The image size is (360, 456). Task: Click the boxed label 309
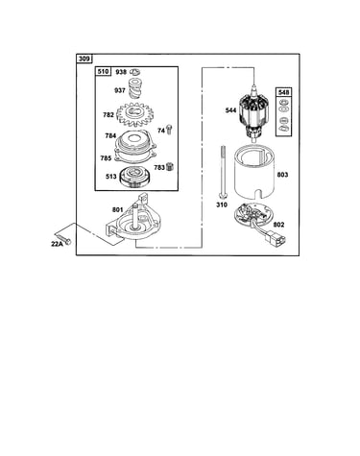(84, 59)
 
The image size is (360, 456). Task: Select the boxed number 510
(103, 71)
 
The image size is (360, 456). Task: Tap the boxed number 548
(284, 92)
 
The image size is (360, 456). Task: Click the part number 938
(121, 72)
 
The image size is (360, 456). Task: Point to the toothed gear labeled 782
(135, 114)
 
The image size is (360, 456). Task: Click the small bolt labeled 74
(169, 130)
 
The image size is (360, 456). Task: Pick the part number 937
(120, 90)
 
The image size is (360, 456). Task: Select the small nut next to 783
(169, 167)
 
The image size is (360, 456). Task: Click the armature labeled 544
(254, 114)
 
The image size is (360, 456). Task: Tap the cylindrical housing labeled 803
(254, 173)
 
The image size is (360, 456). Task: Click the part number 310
(222, 204)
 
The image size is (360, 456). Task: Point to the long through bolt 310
(222, 172)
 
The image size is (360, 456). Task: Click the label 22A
(57, 244)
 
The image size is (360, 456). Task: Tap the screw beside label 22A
(63, 238)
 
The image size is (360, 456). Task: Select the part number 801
(117, 210)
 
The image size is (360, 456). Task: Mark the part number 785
(106, 158)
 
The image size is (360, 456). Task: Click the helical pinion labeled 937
(135, 88)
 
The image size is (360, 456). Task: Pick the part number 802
(278, 225)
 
